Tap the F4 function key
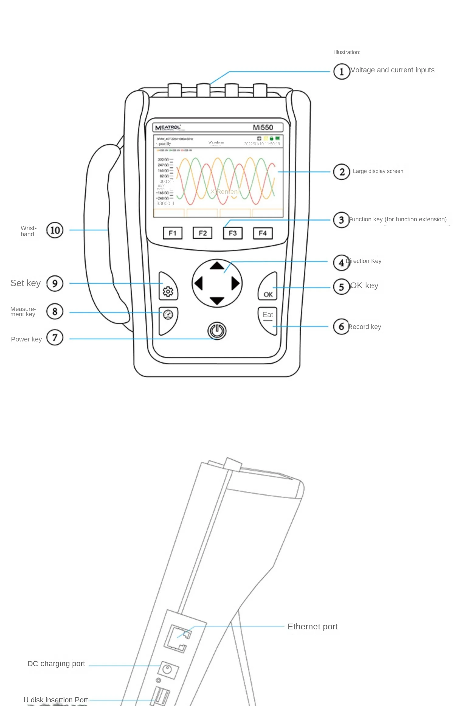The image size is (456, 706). (263, 233)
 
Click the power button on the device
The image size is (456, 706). (217, 331)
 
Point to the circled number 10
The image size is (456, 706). (55, 230)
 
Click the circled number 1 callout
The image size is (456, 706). (341, 71)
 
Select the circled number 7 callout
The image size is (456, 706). (55, 338)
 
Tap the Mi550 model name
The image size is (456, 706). (263, 127)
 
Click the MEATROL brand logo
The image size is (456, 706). (168, 128)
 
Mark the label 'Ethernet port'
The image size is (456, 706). (313, 627)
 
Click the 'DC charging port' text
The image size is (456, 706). (56, 664)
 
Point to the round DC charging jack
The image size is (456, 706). (167, 669)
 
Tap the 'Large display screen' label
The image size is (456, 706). (378, 171)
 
